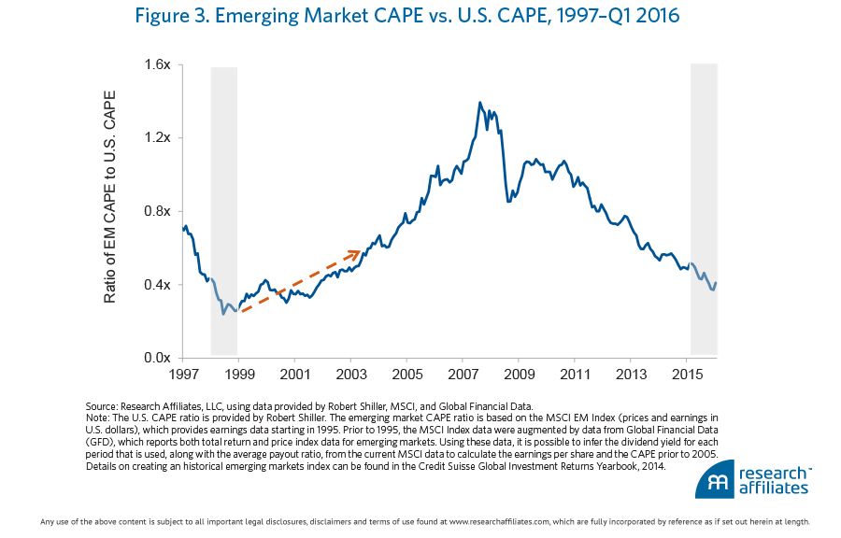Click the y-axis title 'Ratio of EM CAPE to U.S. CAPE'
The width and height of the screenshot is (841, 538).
coord(110,197)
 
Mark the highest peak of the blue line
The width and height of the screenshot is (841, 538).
coord(480,103)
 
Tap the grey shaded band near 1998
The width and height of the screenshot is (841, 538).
coord(224,211)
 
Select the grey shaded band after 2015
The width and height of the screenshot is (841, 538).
coord(703,211)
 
